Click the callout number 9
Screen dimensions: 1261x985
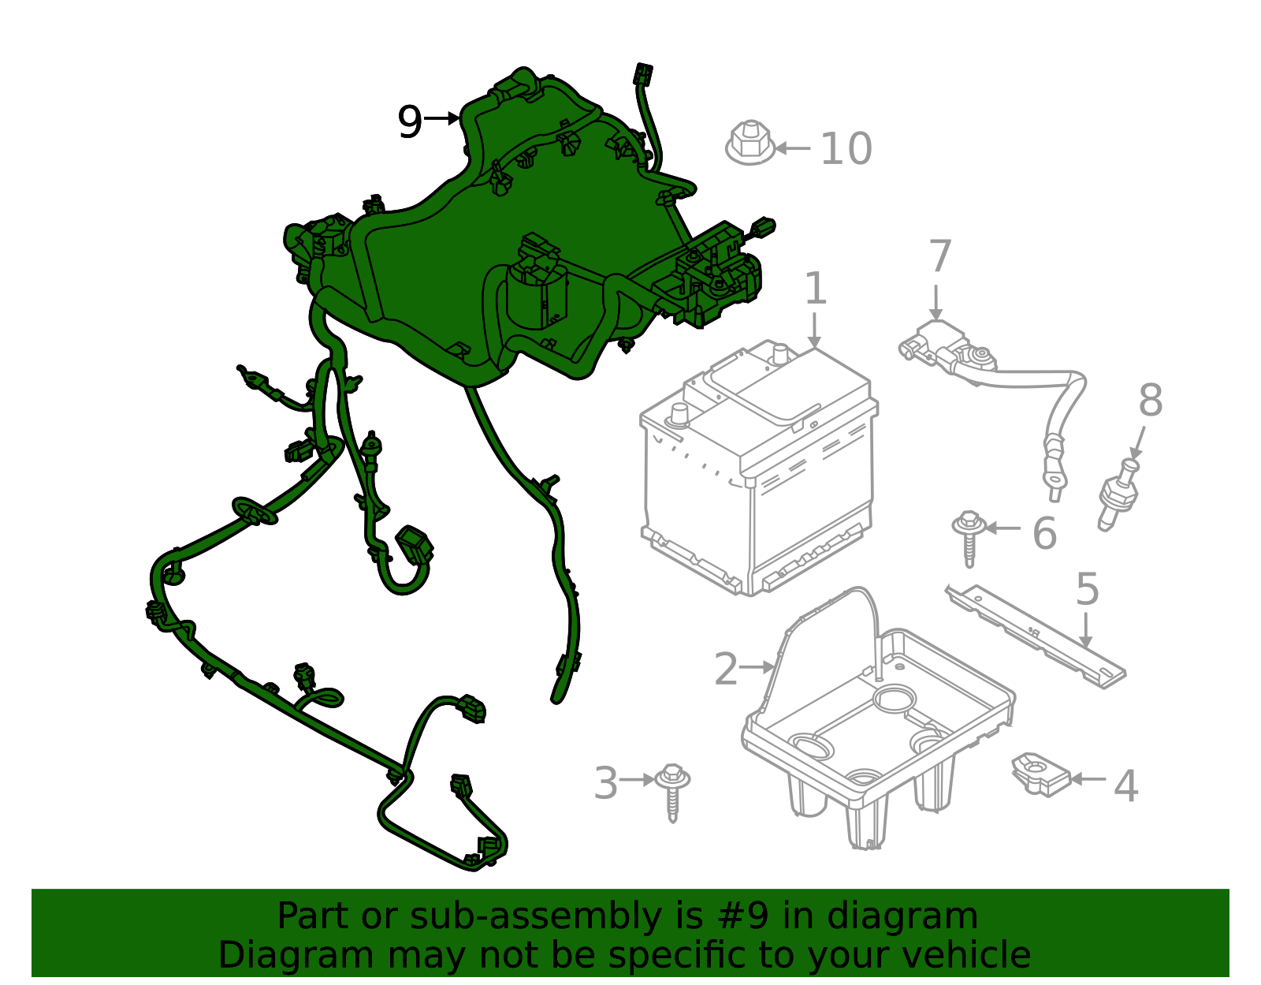tap(410, 122)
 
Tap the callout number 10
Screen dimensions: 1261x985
tap(846, 149)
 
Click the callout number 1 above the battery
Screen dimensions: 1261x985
tap(816, 288)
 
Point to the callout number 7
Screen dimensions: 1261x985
tap(941, 256)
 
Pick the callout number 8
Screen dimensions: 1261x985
tap(1151, 400)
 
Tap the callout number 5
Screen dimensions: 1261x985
tap(1088, 590)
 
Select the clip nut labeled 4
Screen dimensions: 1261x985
tap(1040, 775)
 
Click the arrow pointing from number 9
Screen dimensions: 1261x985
tap(442, 118)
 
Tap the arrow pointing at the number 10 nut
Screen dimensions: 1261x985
tap(793, 148)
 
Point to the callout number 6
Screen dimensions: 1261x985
tap(1044, 533)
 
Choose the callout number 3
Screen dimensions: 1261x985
tap(606, 783)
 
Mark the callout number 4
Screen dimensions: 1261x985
tap(1125, 786)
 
